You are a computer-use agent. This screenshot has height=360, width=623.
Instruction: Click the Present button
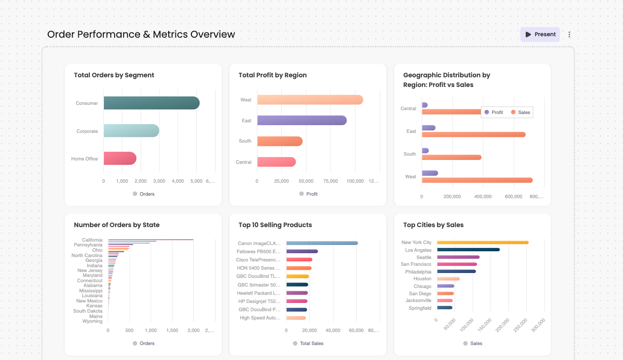[x=540, y=34]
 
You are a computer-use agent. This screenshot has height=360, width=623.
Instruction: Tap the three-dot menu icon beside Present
[x=569, y=34]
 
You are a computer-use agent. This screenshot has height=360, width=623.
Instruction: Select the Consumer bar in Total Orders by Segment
[x=151, y=103]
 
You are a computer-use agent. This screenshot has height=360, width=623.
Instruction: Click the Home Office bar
[x=120, y=158]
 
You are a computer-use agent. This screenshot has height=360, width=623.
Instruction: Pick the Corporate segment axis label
[x=87, y=131]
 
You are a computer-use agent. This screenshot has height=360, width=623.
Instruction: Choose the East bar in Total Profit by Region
[x=302, y=120]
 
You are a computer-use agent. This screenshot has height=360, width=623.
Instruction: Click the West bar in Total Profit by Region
[x=310, y=100]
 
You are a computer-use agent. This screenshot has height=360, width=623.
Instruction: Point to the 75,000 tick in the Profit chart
[x=331, y=181]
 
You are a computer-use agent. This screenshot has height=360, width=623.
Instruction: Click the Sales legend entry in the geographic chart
[x=520, y=112]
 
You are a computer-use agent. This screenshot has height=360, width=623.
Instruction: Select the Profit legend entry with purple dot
[x=493, y=112]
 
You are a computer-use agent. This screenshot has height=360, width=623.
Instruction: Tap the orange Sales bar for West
[x=477, y=180]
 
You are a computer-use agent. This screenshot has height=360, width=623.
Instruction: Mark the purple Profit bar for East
[x=428, y=128]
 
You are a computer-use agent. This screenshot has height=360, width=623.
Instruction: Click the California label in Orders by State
[x=92, y=240]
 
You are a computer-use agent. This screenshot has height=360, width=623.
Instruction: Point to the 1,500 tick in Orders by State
[x=172, y=331]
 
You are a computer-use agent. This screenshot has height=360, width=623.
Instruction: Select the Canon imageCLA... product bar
[x=322, y=243]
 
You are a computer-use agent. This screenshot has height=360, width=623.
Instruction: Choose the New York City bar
[x=482, y=243]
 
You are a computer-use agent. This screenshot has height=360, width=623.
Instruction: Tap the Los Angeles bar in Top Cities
[x=468, y=250]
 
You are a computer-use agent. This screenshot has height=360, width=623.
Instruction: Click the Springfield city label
[x=420, y=308]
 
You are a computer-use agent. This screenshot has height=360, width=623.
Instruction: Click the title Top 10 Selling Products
[x=275, y=225]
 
